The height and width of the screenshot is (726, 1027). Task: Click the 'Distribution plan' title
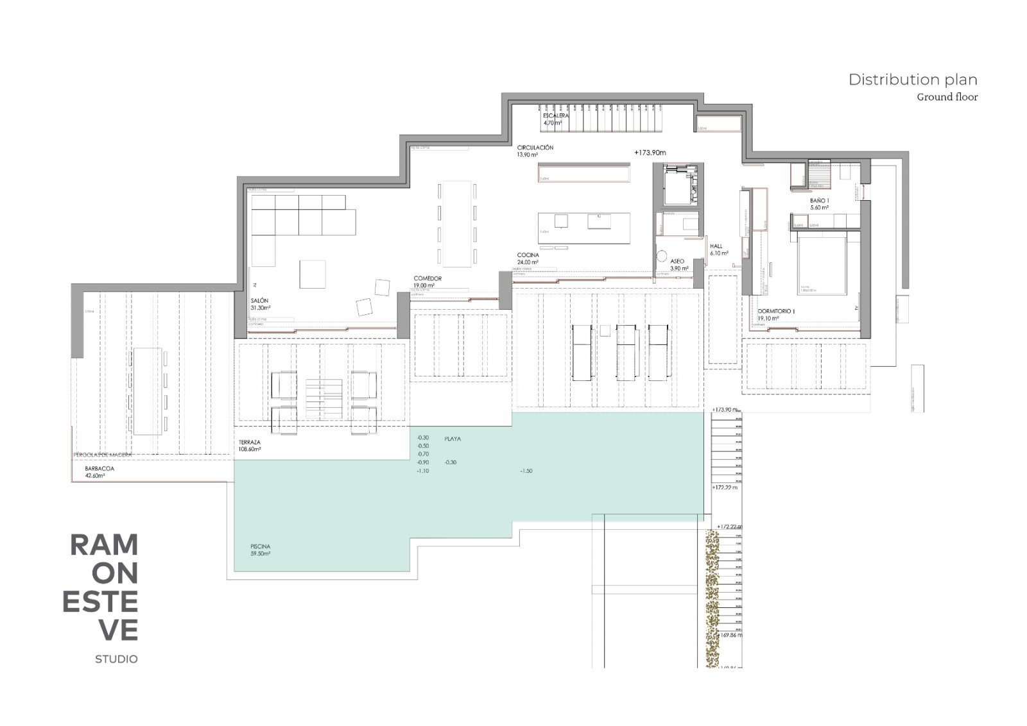pos(913,80)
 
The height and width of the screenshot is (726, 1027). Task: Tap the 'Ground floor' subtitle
pos(947,97)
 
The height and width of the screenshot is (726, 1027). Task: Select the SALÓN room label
pos(259,301)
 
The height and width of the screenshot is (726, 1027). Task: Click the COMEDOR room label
pos(427,278)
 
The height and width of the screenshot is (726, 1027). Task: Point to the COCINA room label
pos(528,255)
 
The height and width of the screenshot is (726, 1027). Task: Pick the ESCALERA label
pos(556,116)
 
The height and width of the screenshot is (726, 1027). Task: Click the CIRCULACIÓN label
pos(535,148)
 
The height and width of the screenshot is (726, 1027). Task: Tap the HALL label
pos(716,246)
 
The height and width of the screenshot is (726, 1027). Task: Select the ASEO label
pos(677,262)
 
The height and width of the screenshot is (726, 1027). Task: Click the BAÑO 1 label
pos(819,201)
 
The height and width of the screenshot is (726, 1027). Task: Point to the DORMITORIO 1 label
pos(776,311)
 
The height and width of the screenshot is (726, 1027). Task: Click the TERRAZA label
pos(249,443)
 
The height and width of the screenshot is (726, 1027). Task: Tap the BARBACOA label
pos(99,469)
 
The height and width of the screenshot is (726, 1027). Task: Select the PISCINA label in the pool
pos(261,546)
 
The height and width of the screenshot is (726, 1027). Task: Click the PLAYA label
pos(453,439)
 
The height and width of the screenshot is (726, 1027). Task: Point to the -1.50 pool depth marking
pos(526,471)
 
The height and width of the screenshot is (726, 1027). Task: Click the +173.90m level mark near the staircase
pos(650,153)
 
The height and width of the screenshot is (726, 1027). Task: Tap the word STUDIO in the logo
pos(116,659)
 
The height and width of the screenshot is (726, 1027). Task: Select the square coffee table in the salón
pos(313,274)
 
